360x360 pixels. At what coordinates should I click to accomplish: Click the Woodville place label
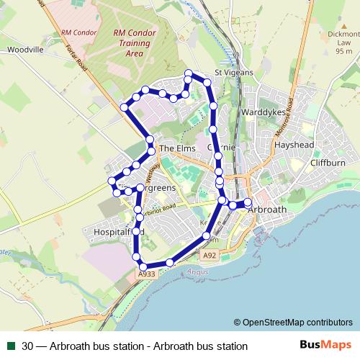(x=26, y=50)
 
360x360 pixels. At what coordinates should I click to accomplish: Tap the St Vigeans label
(x=232, y=72)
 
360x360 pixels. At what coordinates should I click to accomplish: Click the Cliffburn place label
(x=328, y=163)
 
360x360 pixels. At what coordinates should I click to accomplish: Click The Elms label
(x=177, y=148)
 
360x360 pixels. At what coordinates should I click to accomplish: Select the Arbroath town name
(x=266, y=210)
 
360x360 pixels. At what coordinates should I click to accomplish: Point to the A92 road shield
(x=210, y=255)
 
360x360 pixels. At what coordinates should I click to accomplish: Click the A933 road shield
(x=146, y=274)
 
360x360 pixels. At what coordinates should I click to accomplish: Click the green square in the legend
(x=10, y=346)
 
